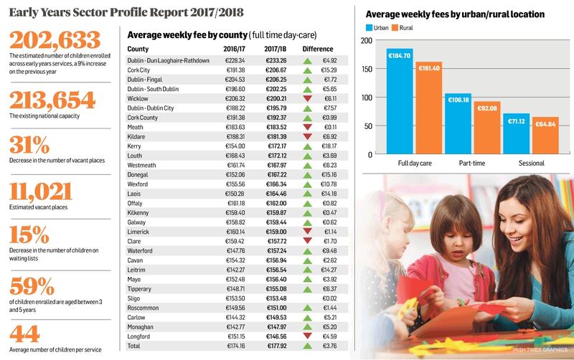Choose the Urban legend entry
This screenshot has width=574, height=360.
[382, 28]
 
